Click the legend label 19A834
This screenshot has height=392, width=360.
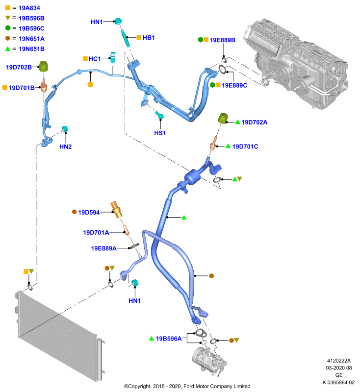[29, 8]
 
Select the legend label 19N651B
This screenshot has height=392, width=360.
[31, 49]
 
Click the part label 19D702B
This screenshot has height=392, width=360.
[19, 67]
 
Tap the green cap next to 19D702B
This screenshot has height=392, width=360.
[44, 67]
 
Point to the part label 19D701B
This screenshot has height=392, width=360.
[22, 88]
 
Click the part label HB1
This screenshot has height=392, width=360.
[149, 38]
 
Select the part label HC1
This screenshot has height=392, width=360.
[95, 59]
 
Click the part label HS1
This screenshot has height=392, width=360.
[160, 133]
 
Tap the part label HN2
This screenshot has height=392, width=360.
[66, 147]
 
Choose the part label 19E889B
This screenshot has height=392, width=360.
[222, 40]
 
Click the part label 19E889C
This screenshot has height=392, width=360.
[234, 85]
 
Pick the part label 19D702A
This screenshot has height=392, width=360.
[254, 122]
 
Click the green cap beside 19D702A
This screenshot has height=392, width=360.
[223, 118]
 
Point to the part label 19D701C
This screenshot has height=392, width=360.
[245, 147]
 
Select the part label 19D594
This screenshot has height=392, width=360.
[89, 213]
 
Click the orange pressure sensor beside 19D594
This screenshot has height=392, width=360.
[116, 210]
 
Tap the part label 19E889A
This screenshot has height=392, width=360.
[103, 248]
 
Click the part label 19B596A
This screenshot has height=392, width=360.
[169, 339]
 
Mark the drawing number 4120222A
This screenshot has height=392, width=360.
[339, 361]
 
